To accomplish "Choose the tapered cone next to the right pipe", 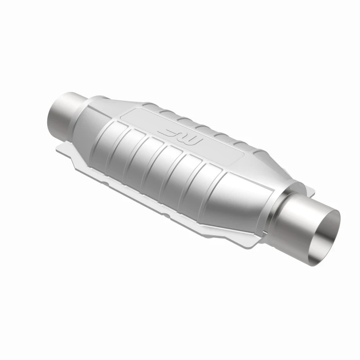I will [x=252, y=198].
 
